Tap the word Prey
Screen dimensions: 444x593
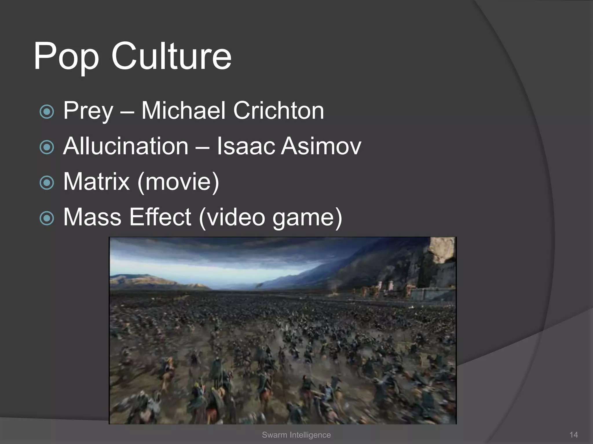(88, 111)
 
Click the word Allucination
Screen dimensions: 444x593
(126, 146)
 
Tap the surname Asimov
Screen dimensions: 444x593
(321, 146)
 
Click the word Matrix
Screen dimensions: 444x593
(96, 182)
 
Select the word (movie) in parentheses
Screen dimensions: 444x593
(178, 182)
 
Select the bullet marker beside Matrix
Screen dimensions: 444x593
(47, 183)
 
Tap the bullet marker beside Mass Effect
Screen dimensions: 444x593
(47, 218)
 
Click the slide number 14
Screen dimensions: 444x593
(574, 435)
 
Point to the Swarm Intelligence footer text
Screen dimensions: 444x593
(296, 435)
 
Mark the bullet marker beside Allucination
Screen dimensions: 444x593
(47, 147)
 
